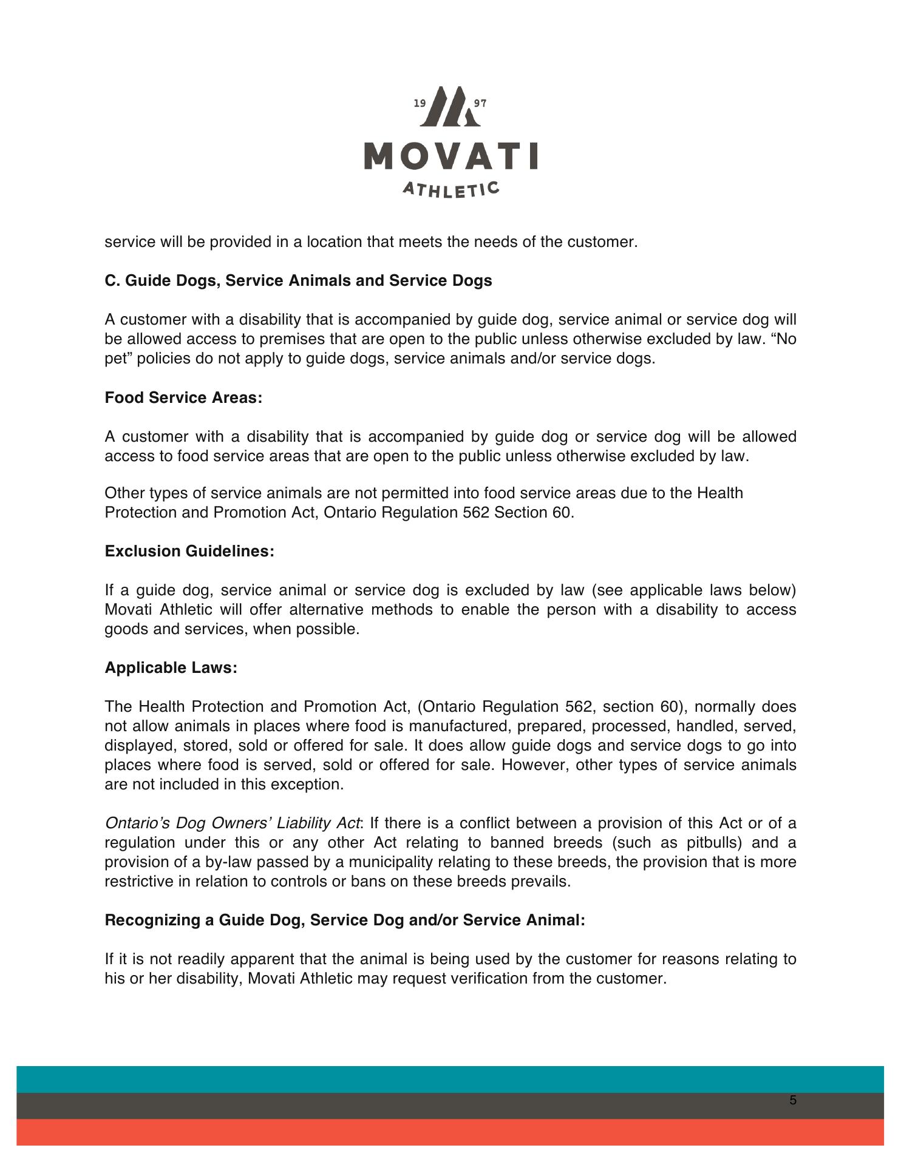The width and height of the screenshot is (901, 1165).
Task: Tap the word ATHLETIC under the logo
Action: coord(451,189)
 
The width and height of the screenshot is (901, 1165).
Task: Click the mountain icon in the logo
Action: coord(449,107)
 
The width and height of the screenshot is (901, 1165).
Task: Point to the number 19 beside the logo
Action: coord(420,103)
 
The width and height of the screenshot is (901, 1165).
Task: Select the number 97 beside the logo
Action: coord(480,103)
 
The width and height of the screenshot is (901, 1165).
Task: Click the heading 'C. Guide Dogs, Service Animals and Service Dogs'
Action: coord(298,281)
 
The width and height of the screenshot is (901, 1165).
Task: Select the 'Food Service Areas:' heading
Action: coord(183,397)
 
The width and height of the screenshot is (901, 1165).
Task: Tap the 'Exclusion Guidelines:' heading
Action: coord(189,551)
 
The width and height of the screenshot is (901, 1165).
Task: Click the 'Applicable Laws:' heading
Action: coord(171,667)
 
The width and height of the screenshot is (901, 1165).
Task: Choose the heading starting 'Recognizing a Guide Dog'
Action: coord(345,920)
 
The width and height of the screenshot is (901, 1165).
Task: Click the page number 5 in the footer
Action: coord(793,1101)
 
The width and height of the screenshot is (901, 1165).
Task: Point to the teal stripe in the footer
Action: coord(449,1079)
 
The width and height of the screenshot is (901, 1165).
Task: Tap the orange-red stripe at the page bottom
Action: coord(449,1132)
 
